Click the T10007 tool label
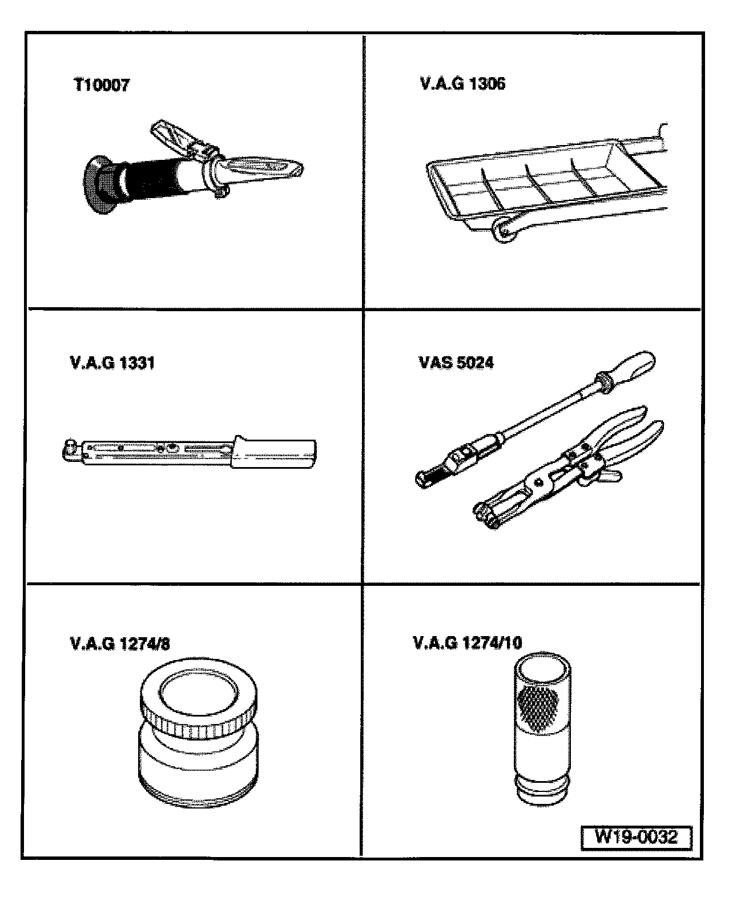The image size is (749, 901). coord(102,85)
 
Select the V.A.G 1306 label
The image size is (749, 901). coord(463,84)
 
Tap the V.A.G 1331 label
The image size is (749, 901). coord(112,363)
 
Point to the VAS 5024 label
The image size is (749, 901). coord(457,363)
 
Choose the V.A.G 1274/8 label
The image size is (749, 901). coord(120,644)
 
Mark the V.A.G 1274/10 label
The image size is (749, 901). coord(468,643)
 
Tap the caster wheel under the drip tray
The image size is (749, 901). coord(504,230)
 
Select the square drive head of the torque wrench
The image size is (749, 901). coord(70,449)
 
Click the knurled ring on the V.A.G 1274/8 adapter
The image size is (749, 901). coord(199,723)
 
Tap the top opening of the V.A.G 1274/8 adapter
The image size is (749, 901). coord(199,693)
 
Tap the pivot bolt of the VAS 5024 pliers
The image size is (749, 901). coord(538,482)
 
